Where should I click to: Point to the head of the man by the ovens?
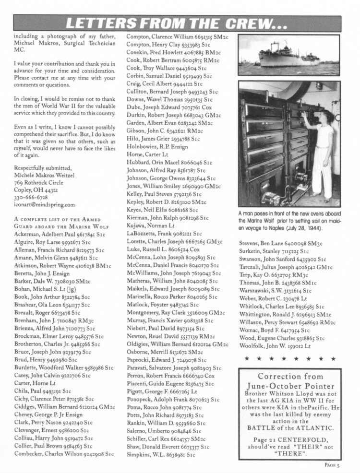pyautogui.click(x=328, y=117)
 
